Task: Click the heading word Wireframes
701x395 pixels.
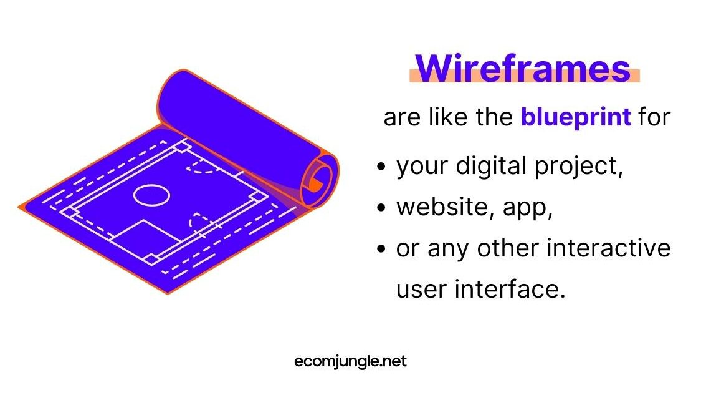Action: pos(523,69)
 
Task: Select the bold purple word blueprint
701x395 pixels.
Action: pos(576,117)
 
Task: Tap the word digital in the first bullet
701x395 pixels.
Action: pos(492,166)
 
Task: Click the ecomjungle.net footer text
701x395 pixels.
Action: pos(350,361)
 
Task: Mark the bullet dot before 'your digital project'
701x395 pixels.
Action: pos(381,167)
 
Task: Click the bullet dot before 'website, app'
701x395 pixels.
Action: pos(381,208)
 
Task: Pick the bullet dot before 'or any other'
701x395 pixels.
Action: pos(381,248)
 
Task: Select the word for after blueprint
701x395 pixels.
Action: pos(654,117)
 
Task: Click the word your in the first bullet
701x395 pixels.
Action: pos(422,168)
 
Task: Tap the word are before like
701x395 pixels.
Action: pos(402,119)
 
